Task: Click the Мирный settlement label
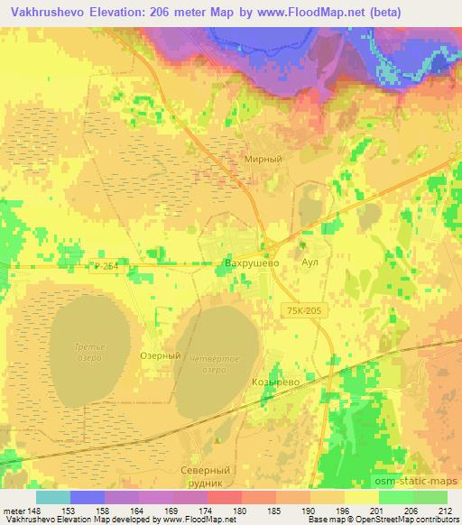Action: [x=263, y=159]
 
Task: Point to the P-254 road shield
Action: [x=106, y=265]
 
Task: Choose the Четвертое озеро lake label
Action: [x=215, y=364]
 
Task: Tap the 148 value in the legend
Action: [x=37, y=511]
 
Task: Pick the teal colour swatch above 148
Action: [x=53, y=497]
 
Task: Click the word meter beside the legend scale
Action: [x=14, y=511]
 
